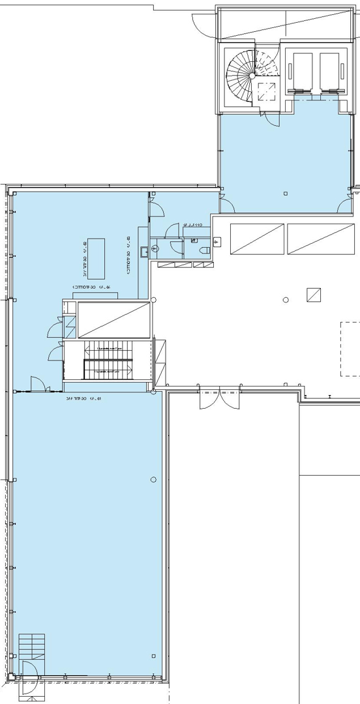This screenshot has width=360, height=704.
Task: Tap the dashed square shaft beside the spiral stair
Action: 267,91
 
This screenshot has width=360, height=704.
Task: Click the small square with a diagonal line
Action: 314,294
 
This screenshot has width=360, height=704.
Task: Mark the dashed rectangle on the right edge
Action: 350,348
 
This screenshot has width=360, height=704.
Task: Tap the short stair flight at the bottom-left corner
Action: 32,646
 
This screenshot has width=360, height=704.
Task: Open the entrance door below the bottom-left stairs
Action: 30,678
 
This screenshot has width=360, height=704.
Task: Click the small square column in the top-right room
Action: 285,194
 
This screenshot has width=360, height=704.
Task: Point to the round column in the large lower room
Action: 153,480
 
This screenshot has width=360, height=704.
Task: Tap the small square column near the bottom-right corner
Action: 153,656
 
